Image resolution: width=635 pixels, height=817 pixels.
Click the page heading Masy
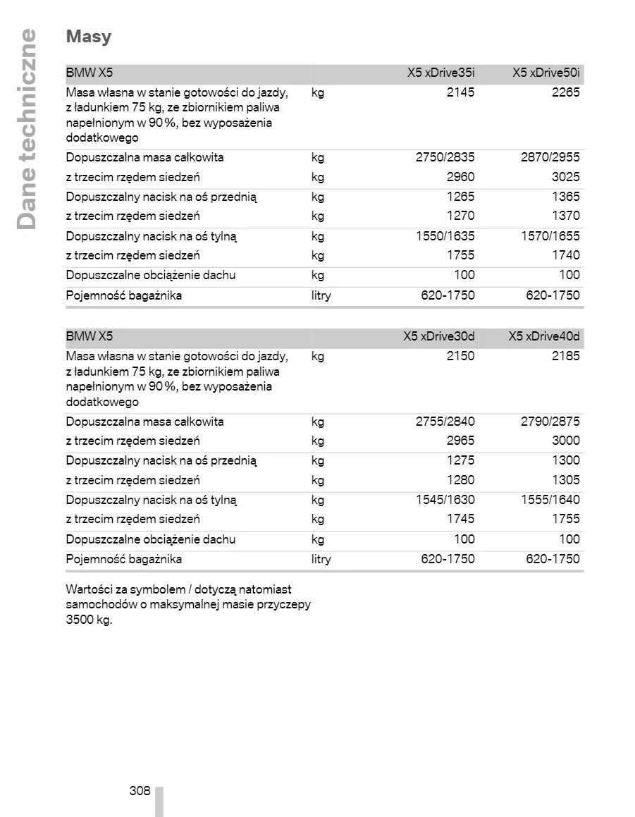click(89, 37)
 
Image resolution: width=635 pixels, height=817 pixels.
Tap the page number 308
click(140, 790)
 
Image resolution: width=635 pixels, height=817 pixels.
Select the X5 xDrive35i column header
click(440, 73)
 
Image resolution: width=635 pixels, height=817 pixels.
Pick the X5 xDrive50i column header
click(546, 73)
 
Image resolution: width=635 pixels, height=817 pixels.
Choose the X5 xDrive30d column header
click(439, 336)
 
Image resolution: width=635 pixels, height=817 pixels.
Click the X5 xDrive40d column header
click(544, 336)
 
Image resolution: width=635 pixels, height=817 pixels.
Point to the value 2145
click(460, 92)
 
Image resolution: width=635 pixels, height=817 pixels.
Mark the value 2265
click(565, 92)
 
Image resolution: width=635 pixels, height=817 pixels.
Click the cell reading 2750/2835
click(445, 157)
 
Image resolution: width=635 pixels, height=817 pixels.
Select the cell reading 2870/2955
click(550, 157)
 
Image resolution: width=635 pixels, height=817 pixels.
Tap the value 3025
click(565, 177)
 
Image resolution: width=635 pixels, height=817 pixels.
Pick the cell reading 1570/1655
click(550, 237)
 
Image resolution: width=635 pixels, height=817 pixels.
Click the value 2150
click(460, 356)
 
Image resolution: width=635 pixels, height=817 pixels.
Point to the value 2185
click(565, 356)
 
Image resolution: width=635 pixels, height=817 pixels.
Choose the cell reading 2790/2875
click(550, 422)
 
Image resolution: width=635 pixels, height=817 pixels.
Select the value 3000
click(565, 441)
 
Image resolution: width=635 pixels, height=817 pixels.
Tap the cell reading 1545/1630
click(445, 500)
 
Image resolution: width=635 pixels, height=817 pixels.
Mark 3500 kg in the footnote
click(89, 620)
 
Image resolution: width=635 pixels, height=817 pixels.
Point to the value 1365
click(565, 197)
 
